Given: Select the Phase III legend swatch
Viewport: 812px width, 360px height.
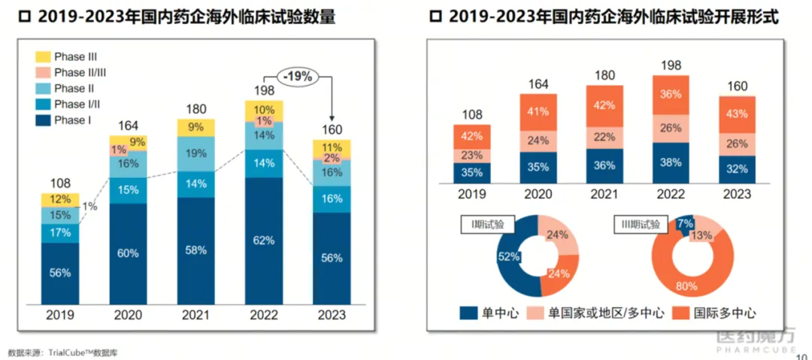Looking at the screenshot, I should tap(42, 56).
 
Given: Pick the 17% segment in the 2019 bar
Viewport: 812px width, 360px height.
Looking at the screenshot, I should tap(60, 233).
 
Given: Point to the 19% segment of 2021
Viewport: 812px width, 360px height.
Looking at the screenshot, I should tap(196, 154).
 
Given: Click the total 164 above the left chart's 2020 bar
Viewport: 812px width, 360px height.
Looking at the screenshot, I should tap(128, 125).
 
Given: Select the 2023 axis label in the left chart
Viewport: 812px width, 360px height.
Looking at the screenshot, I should tap(332, 316).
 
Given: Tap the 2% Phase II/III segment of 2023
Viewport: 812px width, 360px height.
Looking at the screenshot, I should tap(332, 159).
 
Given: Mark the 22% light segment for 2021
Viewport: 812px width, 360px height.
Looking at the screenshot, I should tap(604, 136).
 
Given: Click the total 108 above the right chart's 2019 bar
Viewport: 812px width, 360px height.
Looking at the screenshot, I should tap(471, 114).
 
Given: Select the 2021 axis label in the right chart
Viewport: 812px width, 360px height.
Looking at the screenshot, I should tap(604, 195).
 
